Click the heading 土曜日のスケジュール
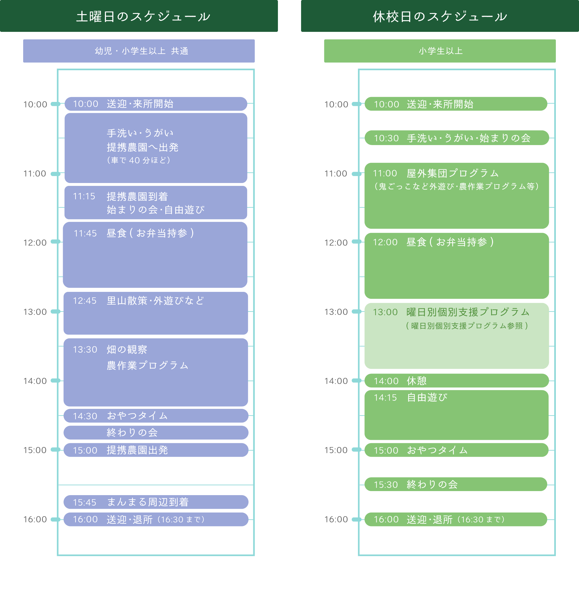click(143, 17)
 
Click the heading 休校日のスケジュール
click(440, 17)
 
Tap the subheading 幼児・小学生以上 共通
click(141, 51)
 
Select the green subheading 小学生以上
click(440, 51)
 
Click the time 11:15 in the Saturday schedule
click(84, 196)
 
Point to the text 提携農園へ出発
click(142, 147)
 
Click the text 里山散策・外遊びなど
click(155, 301)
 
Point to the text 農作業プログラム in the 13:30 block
click(147, 365)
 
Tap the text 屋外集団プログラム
click(452, 173)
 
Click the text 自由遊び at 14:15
click(427, 398)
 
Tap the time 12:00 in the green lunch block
click(385, 242)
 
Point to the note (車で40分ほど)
click(138, 160)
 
